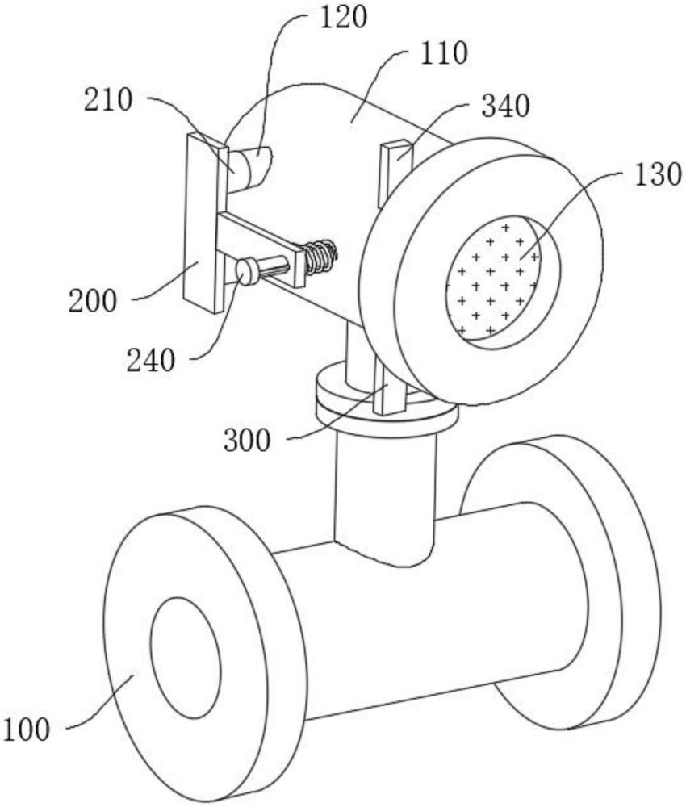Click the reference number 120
point(344,17)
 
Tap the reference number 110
point(442,55)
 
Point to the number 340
point(504,106)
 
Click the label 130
point(658,175)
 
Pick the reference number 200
point(94,302)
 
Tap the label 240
point(151,361)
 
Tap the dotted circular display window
point(493,277)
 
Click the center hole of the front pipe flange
point(186,659)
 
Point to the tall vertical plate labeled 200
point(201,222)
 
